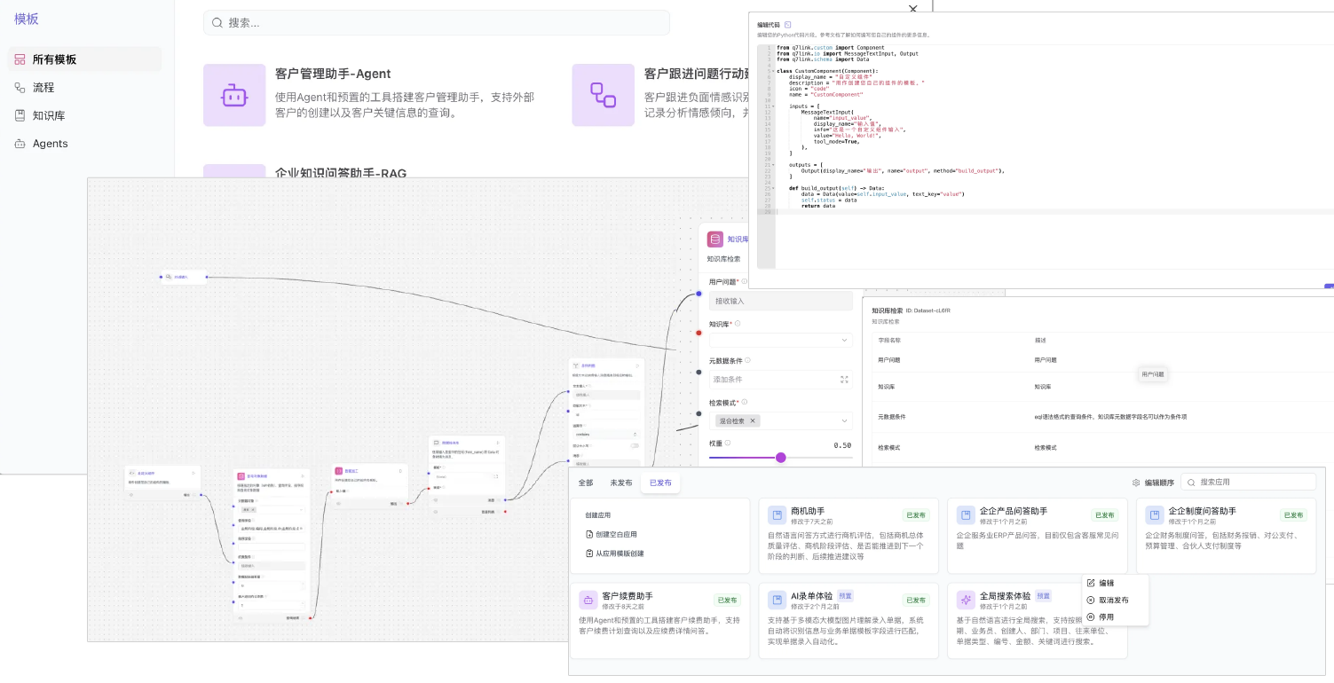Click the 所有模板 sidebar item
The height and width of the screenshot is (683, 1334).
[x=54, y=59]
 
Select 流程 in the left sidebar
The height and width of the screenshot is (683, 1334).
[x=43, y=88]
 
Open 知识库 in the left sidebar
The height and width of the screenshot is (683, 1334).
[x=49, y=115]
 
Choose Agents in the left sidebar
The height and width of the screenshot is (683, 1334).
[x=50, y=144]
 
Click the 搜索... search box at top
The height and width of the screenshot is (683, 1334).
[x=437, y=23]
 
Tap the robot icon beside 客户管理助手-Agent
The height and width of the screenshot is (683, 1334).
[x=234, y=95]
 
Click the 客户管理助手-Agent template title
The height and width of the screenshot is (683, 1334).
[x=333, y=74]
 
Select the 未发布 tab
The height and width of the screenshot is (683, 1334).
[x=621, y=483]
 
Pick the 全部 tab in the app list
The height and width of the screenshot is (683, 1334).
[x=586, y=483]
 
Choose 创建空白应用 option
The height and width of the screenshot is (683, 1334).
[x=617, y=534]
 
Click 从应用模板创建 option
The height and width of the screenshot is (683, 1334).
[x=620, y=553]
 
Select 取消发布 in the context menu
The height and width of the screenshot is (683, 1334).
[x=1113, y=600]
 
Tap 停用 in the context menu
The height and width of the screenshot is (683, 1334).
[x=1106, y=616]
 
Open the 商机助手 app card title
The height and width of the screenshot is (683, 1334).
[x=808, y=512]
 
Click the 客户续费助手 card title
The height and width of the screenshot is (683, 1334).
[x=628, y=597]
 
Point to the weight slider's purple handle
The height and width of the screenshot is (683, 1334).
[x=781, y=458]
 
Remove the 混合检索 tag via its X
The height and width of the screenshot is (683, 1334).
[x=753, y=421]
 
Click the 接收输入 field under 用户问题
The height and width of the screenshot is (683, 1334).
[x=780, y=302]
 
